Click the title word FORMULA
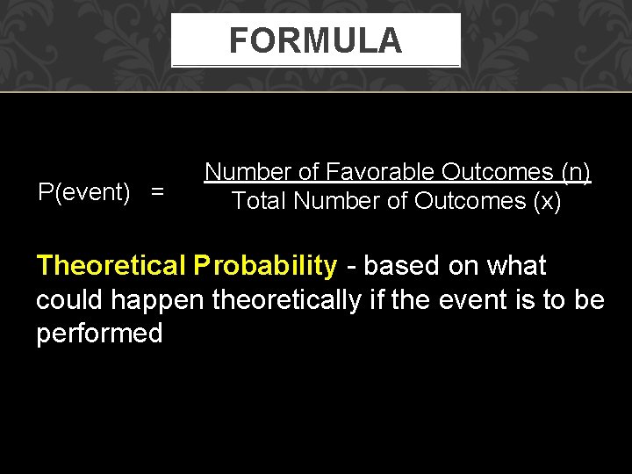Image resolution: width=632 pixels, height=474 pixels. pos(315,40)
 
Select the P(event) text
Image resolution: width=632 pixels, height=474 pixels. pos(83,191)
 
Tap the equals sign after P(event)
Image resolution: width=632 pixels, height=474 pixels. pos(157,192)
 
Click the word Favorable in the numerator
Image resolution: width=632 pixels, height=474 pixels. pos(380,171)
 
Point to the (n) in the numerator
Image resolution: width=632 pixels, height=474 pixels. pos(574,171)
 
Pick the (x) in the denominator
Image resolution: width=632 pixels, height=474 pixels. pos(546,201)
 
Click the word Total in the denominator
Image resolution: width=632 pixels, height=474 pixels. pos(259,201)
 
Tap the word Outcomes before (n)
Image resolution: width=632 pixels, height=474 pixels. pos(497,171)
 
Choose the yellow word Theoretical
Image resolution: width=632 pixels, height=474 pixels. pos(111,265)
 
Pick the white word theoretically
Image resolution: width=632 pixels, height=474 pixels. pos(286,300)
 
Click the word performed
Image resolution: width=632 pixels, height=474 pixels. pos(99,334)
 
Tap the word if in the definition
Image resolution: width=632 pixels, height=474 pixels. pos(376,300)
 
